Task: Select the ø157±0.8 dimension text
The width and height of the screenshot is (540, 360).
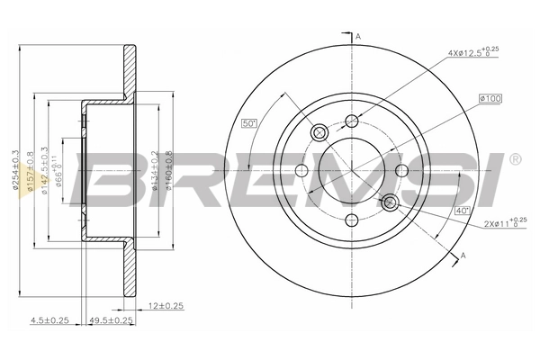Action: coord(31,166)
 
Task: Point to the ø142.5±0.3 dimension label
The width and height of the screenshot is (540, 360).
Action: coord(46,166)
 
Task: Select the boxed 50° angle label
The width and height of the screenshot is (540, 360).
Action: coord(249,123)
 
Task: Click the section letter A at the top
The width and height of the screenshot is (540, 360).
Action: coord(357,36)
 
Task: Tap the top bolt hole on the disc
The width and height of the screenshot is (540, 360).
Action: coord(353,121)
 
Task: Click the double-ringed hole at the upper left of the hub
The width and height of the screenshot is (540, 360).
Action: coord(318,133)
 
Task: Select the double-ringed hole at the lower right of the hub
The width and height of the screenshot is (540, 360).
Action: coord(389,202)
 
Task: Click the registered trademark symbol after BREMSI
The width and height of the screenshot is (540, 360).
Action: coord(515,159)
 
